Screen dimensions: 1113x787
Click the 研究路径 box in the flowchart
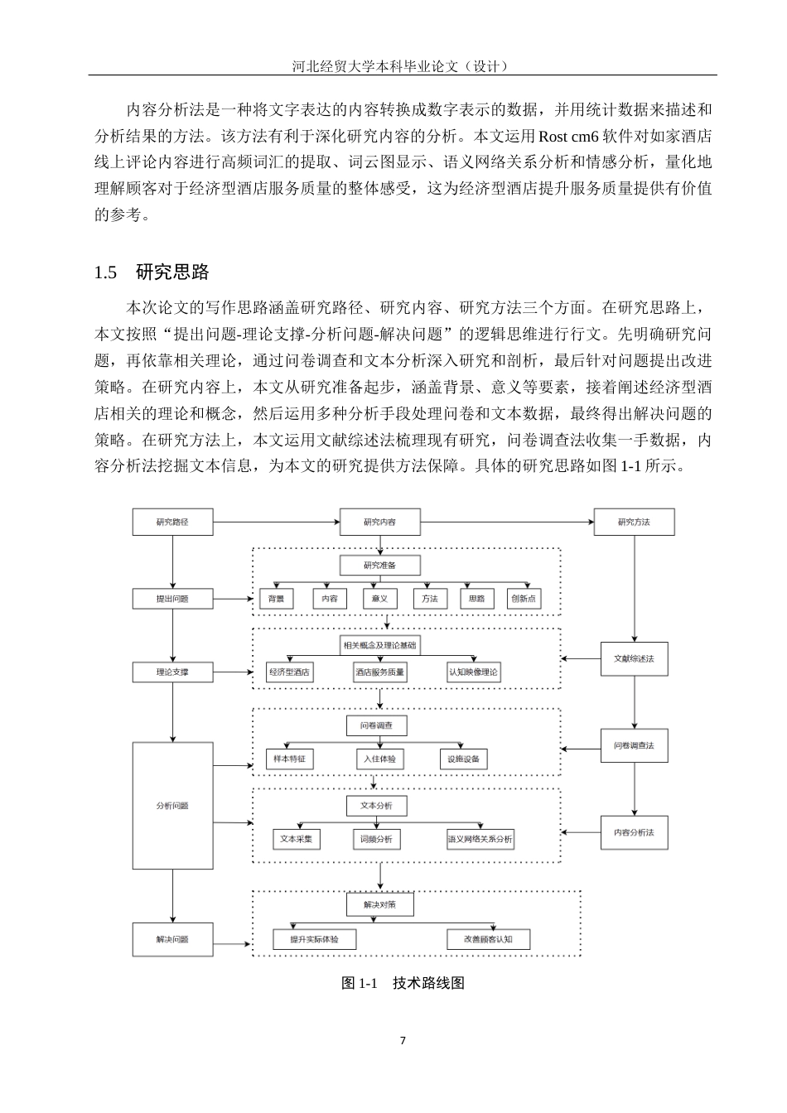172,522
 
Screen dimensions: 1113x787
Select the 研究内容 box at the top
379,522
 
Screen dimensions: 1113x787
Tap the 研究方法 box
634,522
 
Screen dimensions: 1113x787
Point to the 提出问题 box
172,599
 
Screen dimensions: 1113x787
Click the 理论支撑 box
172,672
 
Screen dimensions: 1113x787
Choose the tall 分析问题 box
172,805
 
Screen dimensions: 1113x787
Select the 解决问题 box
172,939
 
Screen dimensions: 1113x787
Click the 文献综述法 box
634,659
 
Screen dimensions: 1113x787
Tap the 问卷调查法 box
634,745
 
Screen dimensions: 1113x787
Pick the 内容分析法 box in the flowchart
634,832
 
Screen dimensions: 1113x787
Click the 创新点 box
524,599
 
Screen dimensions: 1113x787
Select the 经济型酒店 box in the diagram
289,672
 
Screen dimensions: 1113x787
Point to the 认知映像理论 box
473,672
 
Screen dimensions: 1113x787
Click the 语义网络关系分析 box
480,839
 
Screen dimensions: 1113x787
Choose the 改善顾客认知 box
488,939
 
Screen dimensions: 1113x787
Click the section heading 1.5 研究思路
152,272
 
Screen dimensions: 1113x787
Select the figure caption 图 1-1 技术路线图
403,983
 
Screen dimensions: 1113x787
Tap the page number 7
403,1041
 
